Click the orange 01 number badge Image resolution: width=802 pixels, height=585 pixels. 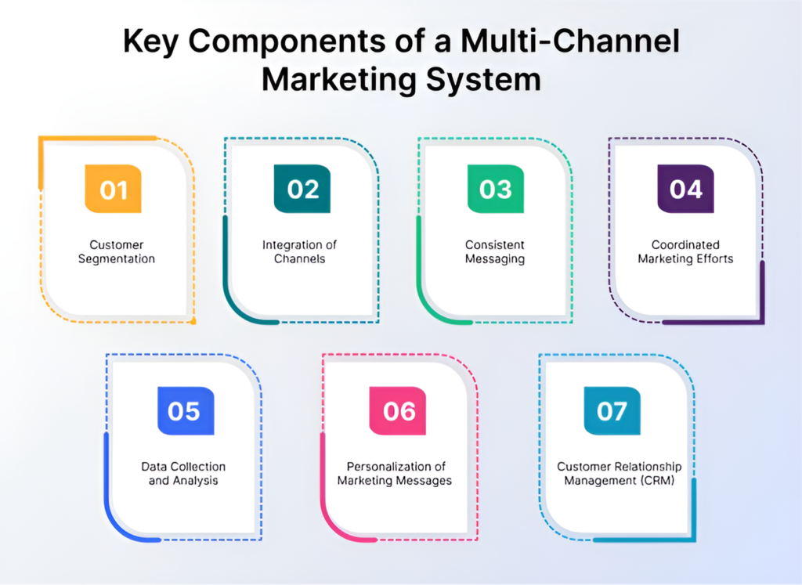pyautogui.click(x=113, y=189)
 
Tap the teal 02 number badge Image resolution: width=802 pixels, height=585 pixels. pyautogui.click(x=302, y=189)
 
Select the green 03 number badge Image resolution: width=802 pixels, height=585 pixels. pyautogui.click(x=496, y=189)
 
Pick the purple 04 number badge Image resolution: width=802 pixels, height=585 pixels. pyautogui.click(x=685, y=189)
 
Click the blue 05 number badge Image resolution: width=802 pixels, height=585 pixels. pyautogui.click(x=185, y=410)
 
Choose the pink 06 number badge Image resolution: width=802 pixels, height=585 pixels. pyautogui.click(x=398, y=410)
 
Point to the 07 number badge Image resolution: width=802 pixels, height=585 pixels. pyautogui.click(x=612, y=410)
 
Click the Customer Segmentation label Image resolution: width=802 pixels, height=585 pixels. pyautogui.click(x=117, y=251)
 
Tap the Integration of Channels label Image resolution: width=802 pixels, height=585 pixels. pyautogui.click(x=299, y=251)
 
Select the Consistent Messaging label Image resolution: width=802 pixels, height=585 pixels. pyautogui.click(x=495, y=251)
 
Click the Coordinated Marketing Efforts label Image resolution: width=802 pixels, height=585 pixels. pyautogui.click(x=685, y=251)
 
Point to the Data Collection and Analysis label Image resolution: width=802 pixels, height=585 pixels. pyautogui.click(x=183, y=473)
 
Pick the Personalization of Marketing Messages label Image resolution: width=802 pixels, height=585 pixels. pyautogui.click(x=395, y=473)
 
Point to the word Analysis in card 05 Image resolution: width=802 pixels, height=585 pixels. pyautogui.click(x=195, y=480)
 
